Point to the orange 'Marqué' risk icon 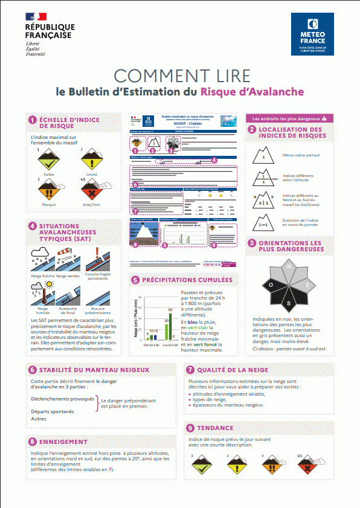pos(47,192)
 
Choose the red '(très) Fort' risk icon pos(91,192)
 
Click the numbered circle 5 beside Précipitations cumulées pos(135,280)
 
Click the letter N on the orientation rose pos(289,266)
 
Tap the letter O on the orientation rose pos(272,285)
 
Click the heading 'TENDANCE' pos(216,428)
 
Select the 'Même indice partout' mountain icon pos(263,156)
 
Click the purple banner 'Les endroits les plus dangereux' pos(289,119)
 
